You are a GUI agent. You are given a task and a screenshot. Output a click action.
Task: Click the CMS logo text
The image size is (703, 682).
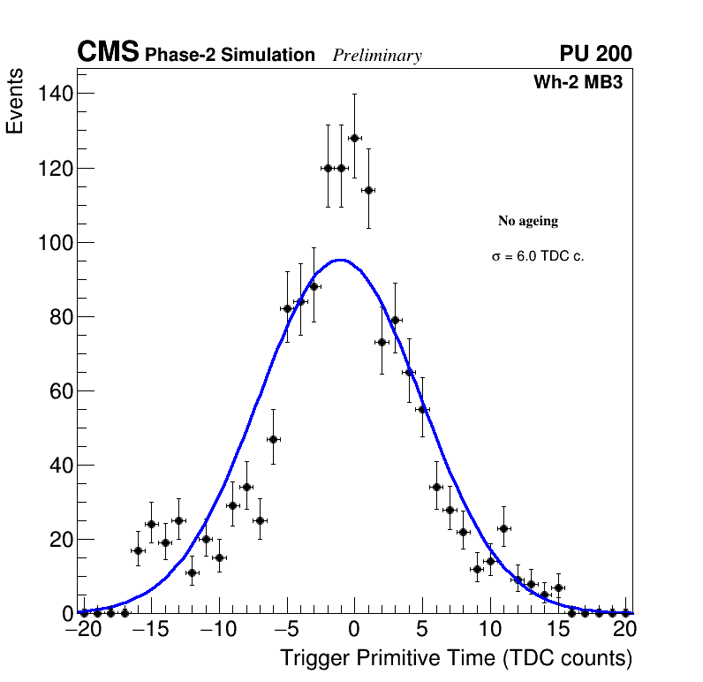tap(108, 53)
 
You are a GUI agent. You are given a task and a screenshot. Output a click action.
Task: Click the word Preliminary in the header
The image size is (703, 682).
tap(377, 56)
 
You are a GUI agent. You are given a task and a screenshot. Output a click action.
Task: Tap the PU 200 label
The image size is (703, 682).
tap(595, 54)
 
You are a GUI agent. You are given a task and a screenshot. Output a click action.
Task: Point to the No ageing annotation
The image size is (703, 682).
tap(528, 221)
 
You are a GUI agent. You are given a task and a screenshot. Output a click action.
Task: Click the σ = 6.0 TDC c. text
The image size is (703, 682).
tap(538, 256)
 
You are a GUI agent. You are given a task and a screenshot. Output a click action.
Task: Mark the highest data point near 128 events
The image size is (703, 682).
tap(354, 138)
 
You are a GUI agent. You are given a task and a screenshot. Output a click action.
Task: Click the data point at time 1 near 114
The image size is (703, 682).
tap(368, 190)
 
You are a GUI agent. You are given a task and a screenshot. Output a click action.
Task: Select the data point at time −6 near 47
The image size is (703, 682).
tap(273, 439)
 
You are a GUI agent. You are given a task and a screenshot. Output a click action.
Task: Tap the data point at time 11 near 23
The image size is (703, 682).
tap(503, 528)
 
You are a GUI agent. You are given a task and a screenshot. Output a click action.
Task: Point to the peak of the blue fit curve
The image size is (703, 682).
tap(340, 260)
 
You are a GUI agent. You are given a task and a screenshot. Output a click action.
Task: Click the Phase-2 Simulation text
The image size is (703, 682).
tap(230, 56)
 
